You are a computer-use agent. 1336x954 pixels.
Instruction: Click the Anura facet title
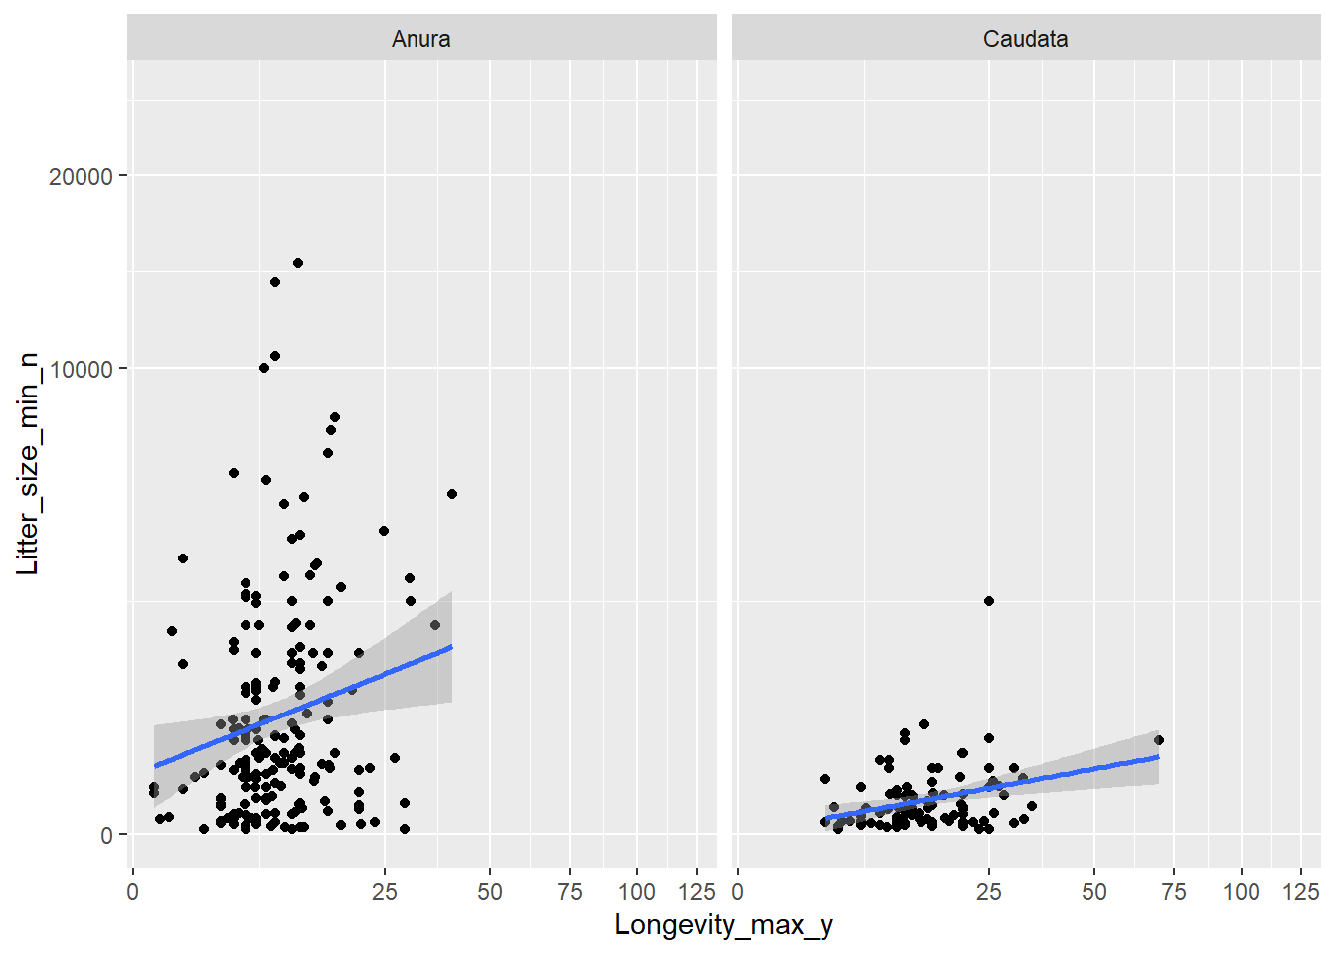coord(420,39)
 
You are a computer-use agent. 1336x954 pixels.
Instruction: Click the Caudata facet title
coord(1025,39)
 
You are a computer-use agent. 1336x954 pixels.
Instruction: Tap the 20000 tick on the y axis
coord(81,176)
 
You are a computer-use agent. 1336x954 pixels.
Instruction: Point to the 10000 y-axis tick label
coord(81,369)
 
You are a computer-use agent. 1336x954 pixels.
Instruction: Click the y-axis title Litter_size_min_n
coord(27,463)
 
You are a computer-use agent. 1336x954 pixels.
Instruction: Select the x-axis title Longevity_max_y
coord(723,925)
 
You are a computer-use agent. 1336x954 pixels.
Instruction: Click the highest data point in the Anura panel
coord(298,263)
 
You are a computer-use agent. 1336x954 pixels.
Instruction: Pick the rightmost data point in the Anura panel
coord(452,494)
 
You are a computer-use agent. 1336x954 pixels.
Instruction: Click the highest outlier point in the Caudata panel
coord(989,601)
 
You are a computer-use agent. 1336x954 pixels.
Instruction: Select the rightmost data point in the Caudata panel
coord(1159,740)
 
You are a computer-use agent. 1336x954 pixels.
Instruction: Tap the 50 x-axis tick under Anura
coord(489,891)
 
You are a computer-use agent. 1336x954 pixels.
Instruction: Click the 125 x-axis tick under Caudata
coord(1301,891)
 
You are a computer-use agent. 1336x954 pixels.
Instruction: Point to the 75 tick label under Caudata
coord(1174,891)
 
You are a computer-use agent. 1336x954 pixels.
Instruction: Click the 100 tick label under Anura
coord(637,891)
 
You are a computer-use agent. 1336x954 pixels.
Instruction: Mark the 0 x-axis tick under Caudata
coord(738,891)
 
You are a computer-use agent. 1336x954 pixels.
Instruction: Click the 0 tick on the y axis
coord(106,836)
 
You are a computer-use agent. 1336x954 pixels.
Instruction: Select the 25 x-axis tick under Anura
coord(385,891)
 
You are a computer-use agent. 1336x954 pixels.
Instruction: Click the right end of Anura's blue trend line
coord(452,647)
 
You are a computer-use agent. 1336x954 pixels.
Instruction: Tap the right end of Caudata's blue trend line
coord(1159,757)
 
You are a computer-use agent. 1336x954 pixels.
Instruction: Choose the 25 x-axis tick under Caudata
coord(989,891)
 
